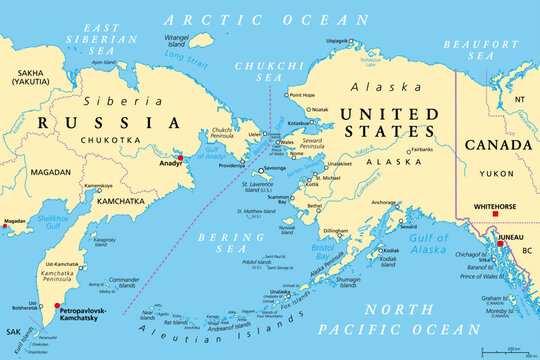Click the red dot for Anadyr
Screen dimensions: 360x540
click(x=180, y=158)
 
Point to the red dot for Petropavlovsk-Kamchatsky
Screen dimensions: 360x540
click(x=57, y=308)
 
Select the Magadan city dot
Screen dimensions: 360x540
click(x=2, y=226)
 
